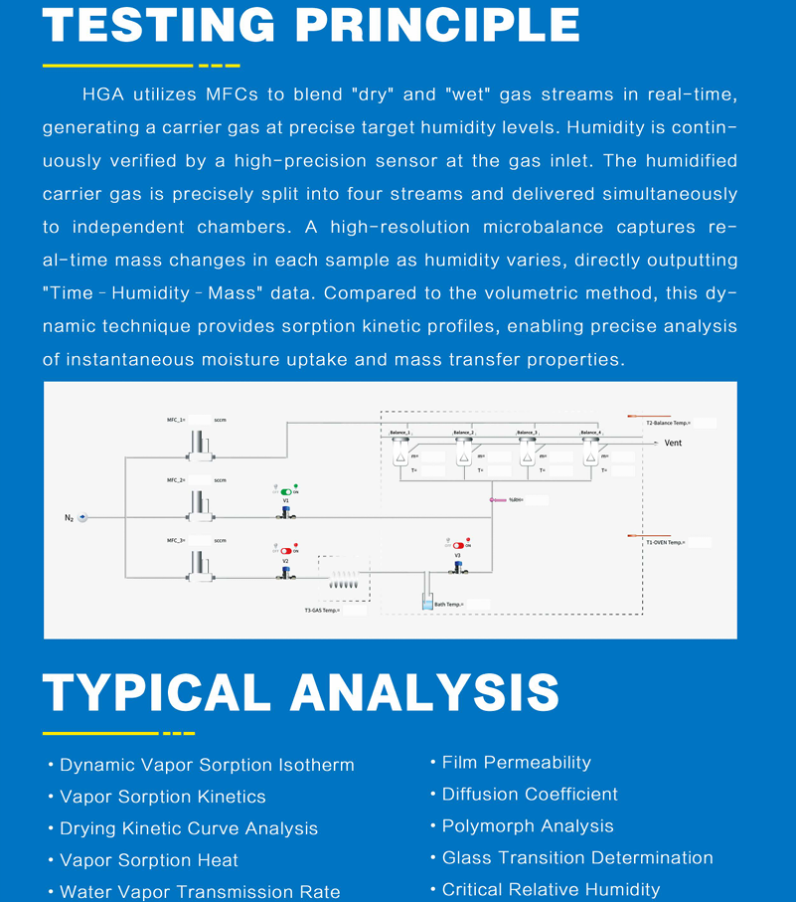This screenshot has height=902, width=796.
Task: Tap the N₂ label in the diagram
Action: pos(70,518)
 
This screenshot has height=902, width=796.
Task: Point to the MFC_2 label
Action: pos(176,480)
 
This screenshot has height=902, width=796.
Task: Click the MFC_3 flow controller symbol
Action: pos(202,566)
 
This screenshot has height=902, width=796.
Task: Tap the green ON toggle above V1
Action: pos(287,492)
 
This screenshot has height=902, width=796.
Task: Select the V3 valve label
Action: pos(457,556)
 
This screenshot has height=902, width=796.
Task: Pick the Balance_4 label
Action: pos(590,433)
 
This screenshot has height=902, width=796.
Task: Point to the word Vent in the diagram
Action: pos(673,444)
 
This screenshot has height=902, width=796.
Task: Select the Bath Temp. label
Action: pos(447,605)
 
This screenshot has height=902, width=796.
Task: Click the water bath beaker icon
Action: pos(426,603)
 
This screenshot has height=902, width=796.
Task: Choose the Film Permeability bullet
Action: pos(516,763)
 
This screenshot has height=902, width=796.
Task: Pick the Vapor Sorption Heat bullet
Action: pos(149,860)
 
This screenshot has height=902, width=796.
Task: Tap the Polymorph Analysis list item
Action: pos(528,826)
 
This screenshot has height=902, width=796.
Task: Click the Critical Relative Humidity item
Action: pos(551,890)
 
